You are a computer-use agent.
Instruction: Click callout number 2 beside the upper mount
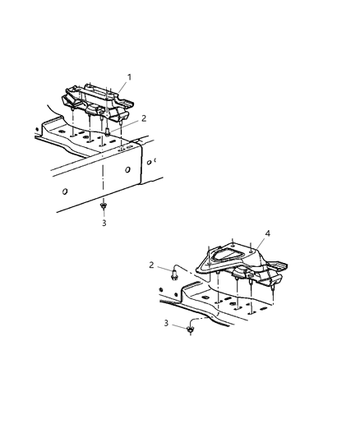point(144,118)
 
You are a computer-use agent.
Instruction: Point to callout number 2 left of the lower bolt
point(150,265)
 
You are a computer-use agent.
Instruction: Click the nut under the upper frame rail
point(104,206)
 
